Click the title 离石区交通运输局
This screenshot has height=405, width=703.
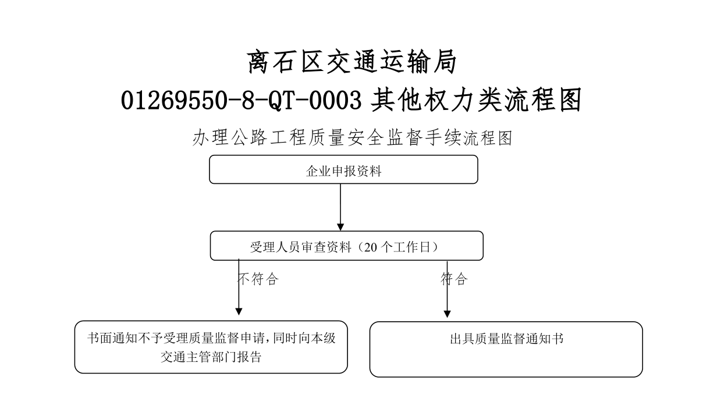(x=351, y=62)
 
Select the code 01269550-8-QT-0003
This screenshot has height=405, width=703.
(x=241, y=100)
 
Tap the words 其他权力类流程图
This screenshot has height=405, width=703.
(x=476, y=100)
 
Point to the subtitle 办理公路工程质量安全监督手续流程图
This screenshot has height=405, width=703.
(x=352, y=138)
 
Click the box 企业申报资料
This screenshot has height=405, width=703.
(x=344, y=169)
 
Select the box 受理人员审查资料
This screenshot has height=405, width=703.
(x=347, y=246)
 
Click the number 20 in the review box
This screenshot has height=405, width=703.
(x=370, y=247)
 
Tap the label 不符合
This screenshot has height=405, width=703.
(x=258, y=279)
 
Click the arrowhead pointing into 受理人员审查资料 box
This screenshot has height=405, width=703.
(x=340, y=227)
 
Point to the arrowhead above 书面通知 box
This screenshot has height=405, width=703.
(x=239, y=311)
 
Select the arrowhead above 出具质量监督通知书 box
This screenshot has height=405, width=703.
(x=447, y=314)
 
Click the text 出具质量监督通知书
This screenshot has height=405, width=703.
(x=506, y=339)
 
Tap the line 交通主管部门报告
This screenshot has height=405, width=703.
(x=211, y=357)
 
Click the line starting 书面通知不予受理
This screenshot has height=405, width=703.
(x=211, y=338)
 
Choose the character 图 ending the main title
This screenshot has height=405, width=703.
(x=570, y=100)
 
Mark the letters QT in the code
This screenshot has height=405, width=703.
(x=282, y=101)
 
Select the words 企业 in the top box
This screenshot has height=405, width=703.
(x=318, y=171)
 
